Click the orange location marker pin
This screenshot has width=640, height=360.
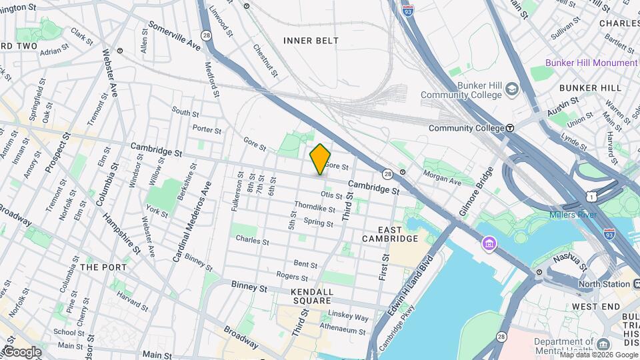click(321, 159)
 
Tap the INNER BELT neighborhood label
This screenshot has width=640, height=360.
click(311, 41)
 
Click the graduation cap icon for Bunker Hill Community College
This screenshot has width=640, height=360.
click(511, 89)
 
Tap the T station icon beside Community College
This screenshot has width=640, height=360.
click(510, 128)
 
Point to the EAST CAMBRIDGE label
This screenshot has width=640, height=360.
click(390, 233)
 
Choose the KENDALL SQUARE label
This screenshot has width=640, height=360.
click(311, 296)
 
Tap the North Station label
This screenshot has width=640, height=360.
click(603, 284)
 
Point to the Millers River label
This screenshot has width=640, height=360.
click(573, 215)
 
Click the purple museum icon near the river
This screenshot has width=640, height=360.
click(490, 245)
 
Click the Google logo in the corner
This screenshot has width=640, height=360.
click(21, 352)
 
